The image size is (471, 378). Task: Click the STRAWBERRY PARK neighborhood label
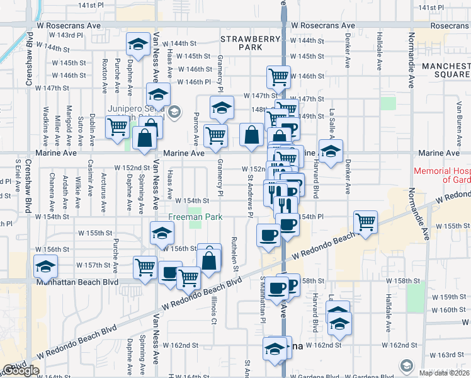click(250, 43)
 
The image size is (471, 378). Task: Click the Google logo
click(20, 370)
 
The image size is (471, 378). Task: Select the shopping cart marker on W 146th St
click(278, 77)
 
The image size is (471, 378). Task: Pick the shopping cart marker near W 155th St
click(365, 222)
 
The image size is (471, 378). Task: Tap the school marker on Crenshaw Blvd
click(45, 266)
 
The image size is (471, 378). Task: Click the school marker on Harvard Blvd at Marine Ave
click(330, 151)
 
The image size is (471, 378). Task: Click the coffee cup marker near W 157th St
click(169, 273)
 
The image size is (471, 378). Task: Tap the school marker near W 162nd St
click(275, 348)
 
